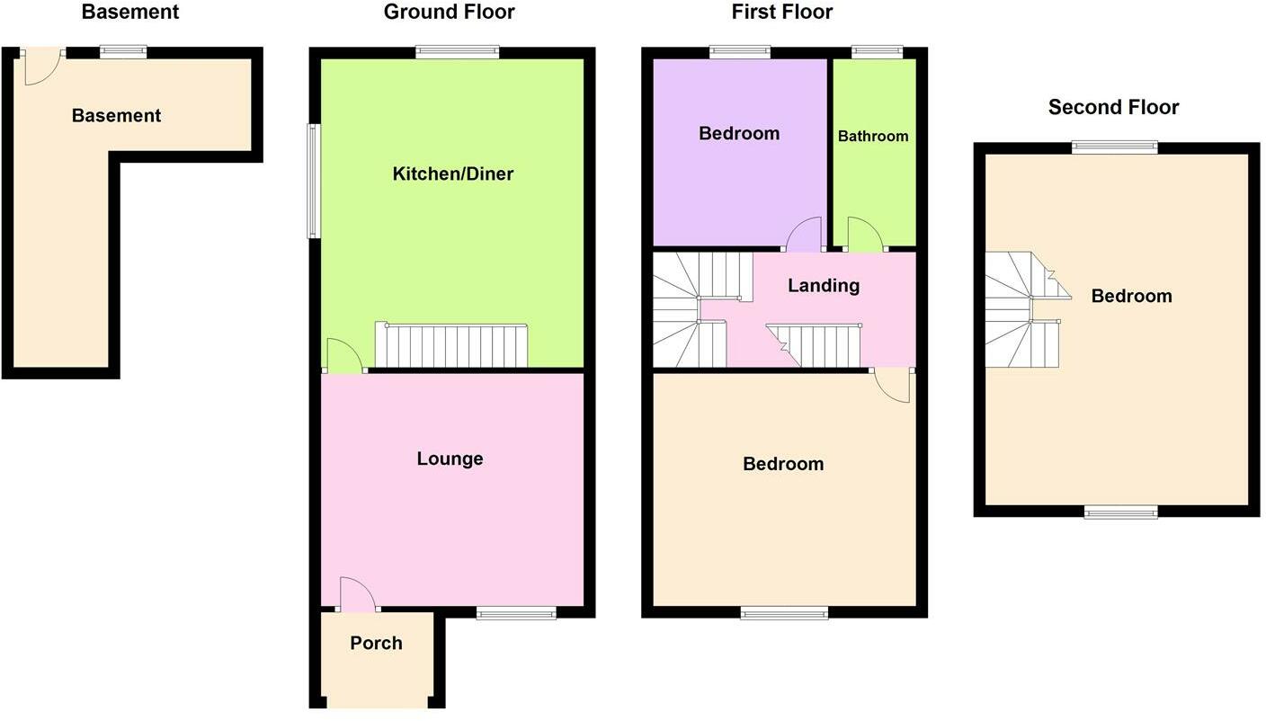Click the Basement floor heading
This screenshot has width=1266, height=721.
coord(129,12)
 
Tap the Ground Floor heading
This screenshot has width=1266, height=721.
coord(449,12)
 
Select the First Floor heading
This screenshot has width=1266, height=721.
coord(781,12)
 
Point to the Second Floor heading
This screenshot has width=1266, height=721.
coord(1113,107)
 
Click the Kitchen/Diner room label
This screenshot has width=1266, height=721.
coord(452,174)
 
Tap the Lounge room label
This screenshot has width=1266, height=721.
coord(450,458)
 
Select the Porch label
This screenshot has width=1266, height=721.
coord(376,643)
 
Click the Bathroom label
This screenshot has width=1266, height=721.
coord(872,136)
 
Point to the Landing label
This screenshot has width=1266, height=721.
coord(824,285)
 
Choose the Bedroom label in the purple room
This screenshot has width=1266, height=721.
coord(739,133)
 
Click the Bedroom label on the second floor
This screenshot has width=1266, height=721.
coord(1131,296)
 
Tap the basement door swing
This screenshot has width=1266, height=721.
coord(40,67)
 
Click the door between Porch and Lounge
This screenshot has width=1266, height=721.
coord(357,594)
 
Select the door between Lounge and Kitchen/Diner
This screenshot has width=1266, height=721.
coord(344,356)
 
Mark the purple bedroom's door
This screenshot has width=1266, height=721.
coord(804,235)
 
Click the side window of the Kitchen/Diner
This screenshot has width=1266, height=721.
coord(314,181)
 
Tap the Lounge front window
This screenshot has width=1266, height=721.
coord(516,614)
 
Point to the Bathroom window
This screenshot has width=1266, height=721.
coord(877,52)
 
